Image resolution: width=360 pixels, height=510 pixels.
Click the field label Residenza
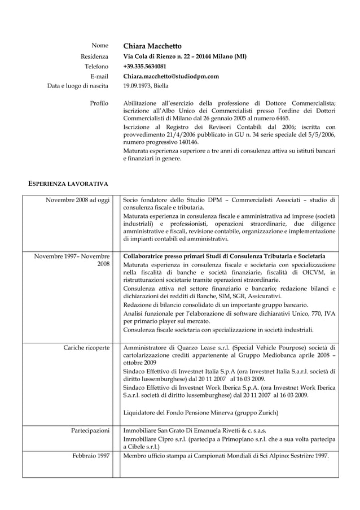pos(94,56)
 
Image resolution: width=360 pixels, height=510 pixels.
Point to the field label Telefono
pos(96,67)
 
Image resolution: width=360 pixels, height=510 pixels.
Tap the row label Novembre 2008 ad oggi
pos(77,200)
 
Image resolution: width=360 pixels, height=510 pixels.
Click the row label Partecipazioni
pos(90,430)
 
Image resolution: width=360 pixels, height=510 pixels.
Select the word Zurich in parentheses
pos(265,413)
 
